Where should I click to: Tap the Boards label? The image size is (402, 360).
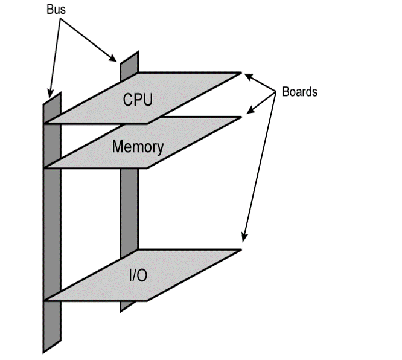coord(299,92)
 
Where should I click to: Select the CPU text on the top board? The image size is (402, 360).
coord(138,99)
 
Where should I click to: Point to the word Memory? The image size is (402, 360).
coord(138,147)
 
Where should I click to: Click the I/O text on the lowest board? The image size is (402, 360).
coord(138,277)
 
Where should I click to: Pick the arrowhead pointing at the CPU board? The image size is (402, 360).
coord(244,76)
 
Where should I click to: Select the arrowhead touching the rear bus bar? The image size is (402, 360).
coord(115,59)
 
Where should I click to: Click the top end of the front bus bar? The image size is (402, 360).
coord(52,97)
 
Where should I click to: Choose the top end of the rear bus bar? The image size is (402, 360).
coord(130,56)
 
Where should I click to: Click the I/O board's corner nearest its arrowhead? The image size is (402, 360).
coord(241,250)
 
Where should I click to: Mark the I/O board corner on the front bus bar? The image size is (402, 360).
coord(46,300)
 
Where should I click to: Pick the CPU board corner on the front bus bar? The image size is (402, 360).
coord(46,123)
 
